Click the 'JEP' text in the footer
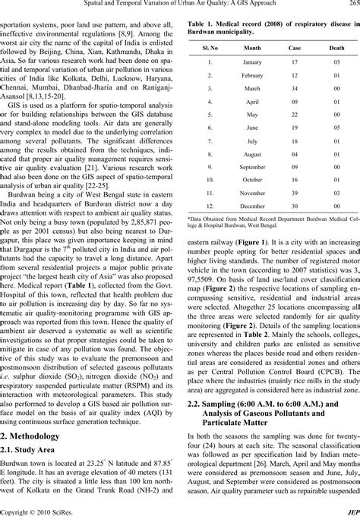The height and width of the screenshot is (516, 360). (352, 510)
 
